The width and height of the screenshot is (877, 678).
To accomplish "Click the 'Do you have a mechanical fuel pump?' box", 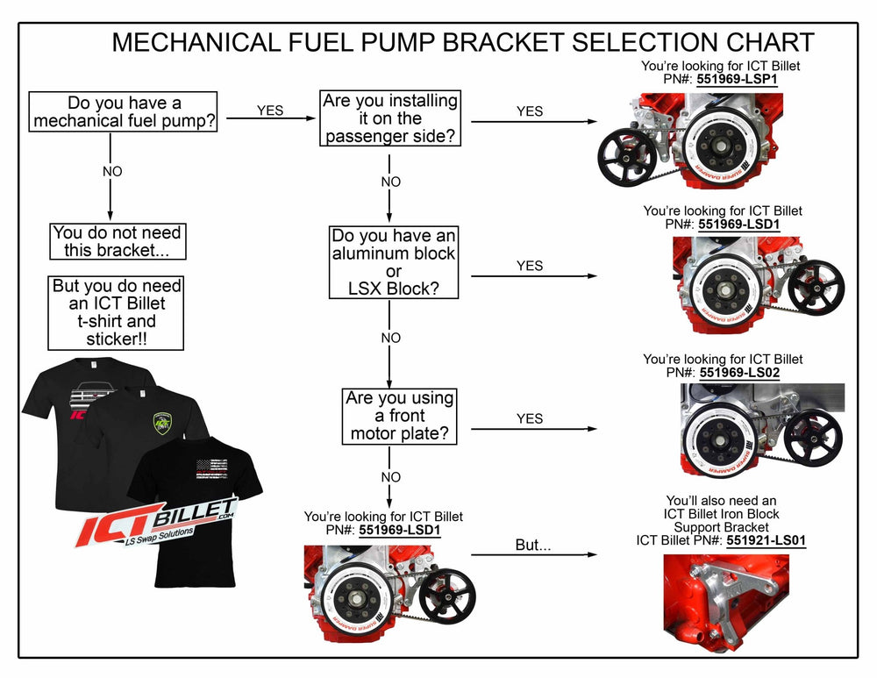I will [x=124, y=111].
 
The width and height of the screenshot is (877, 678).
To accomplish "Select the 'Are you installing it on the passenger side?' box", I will [x=390, y=118].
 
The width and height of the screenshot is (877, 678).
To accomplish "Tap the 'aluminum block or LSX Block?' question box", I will [x=393, y=262].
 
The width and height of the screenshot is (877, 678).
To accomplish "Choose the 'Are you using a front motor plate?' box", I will [x=400, y=416].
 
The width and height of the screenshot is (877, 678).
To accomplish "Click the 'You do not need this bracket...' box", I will [x=117, y=242].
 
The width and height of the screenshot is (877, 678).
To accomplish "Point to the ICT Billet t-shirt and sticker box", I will [x=117, y=312].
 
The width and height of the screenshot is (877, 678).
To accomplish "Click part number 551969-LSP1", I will [x=739, y=79].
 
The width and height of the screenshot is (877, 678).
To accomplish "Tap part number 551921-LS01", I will [x=766, y=541].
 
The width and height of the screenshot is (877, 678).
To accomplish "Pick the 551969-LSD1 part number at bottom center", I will [x=400, y=531].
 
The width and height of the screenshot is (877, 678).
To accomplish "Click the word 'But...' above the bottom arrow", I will [x=532, y=545].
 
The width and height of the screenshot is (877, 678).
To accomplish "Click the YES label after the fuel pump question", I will [x=270, y=111].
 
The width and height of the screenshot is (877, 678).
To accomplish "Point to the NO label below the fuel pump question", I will [x=112, y=172].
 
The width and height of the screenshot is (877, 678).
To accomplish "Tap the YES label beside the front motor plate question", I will [x=530, y=418].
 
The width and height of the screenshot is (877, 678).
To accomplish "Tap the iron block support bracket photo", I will [x=726, y=596].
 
